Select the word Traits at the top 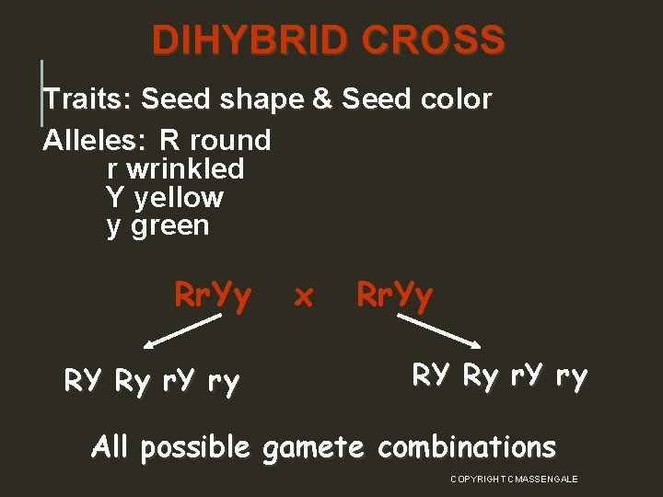coord(88,98)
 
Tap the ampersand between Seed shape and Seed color coord(322,98)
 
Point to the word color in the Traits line coord(451,98)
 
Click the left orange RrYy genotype coord(213,295)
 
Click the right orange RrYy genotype coord(394,295)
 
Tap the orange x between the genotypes coord(303,296)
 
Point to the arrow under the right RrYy coord(439,331)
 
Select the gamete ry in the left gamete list coord(224,380)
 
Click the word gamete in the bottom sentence coord(316,448)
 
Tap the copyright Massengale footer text coord(514,479)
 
